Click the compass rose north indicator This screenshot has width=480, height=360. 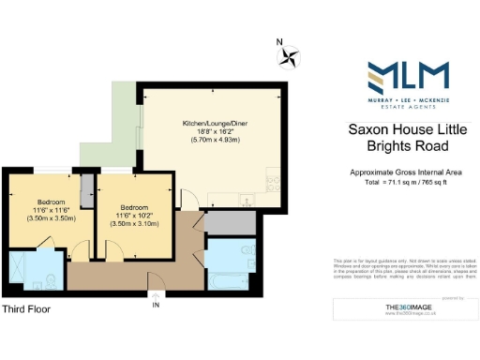click(x=289, y=57)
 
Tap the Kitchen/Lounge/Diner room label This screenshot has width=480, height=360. click(x=212, y=123)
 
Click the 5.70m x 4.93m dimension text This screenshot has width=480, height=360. click(x=212, y=140)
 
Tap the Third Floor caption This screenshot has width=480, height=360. click(x=25, y=308)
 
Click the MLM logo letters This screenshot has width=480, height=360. click(x=406, y=75)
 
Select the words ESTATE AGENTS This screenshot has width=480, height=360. click(x=406, y=106)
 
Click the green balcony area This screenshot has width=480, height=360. click(x=119, y=123)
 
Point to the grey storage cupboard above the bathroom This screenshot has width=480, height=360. click(x=224, y=223)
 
